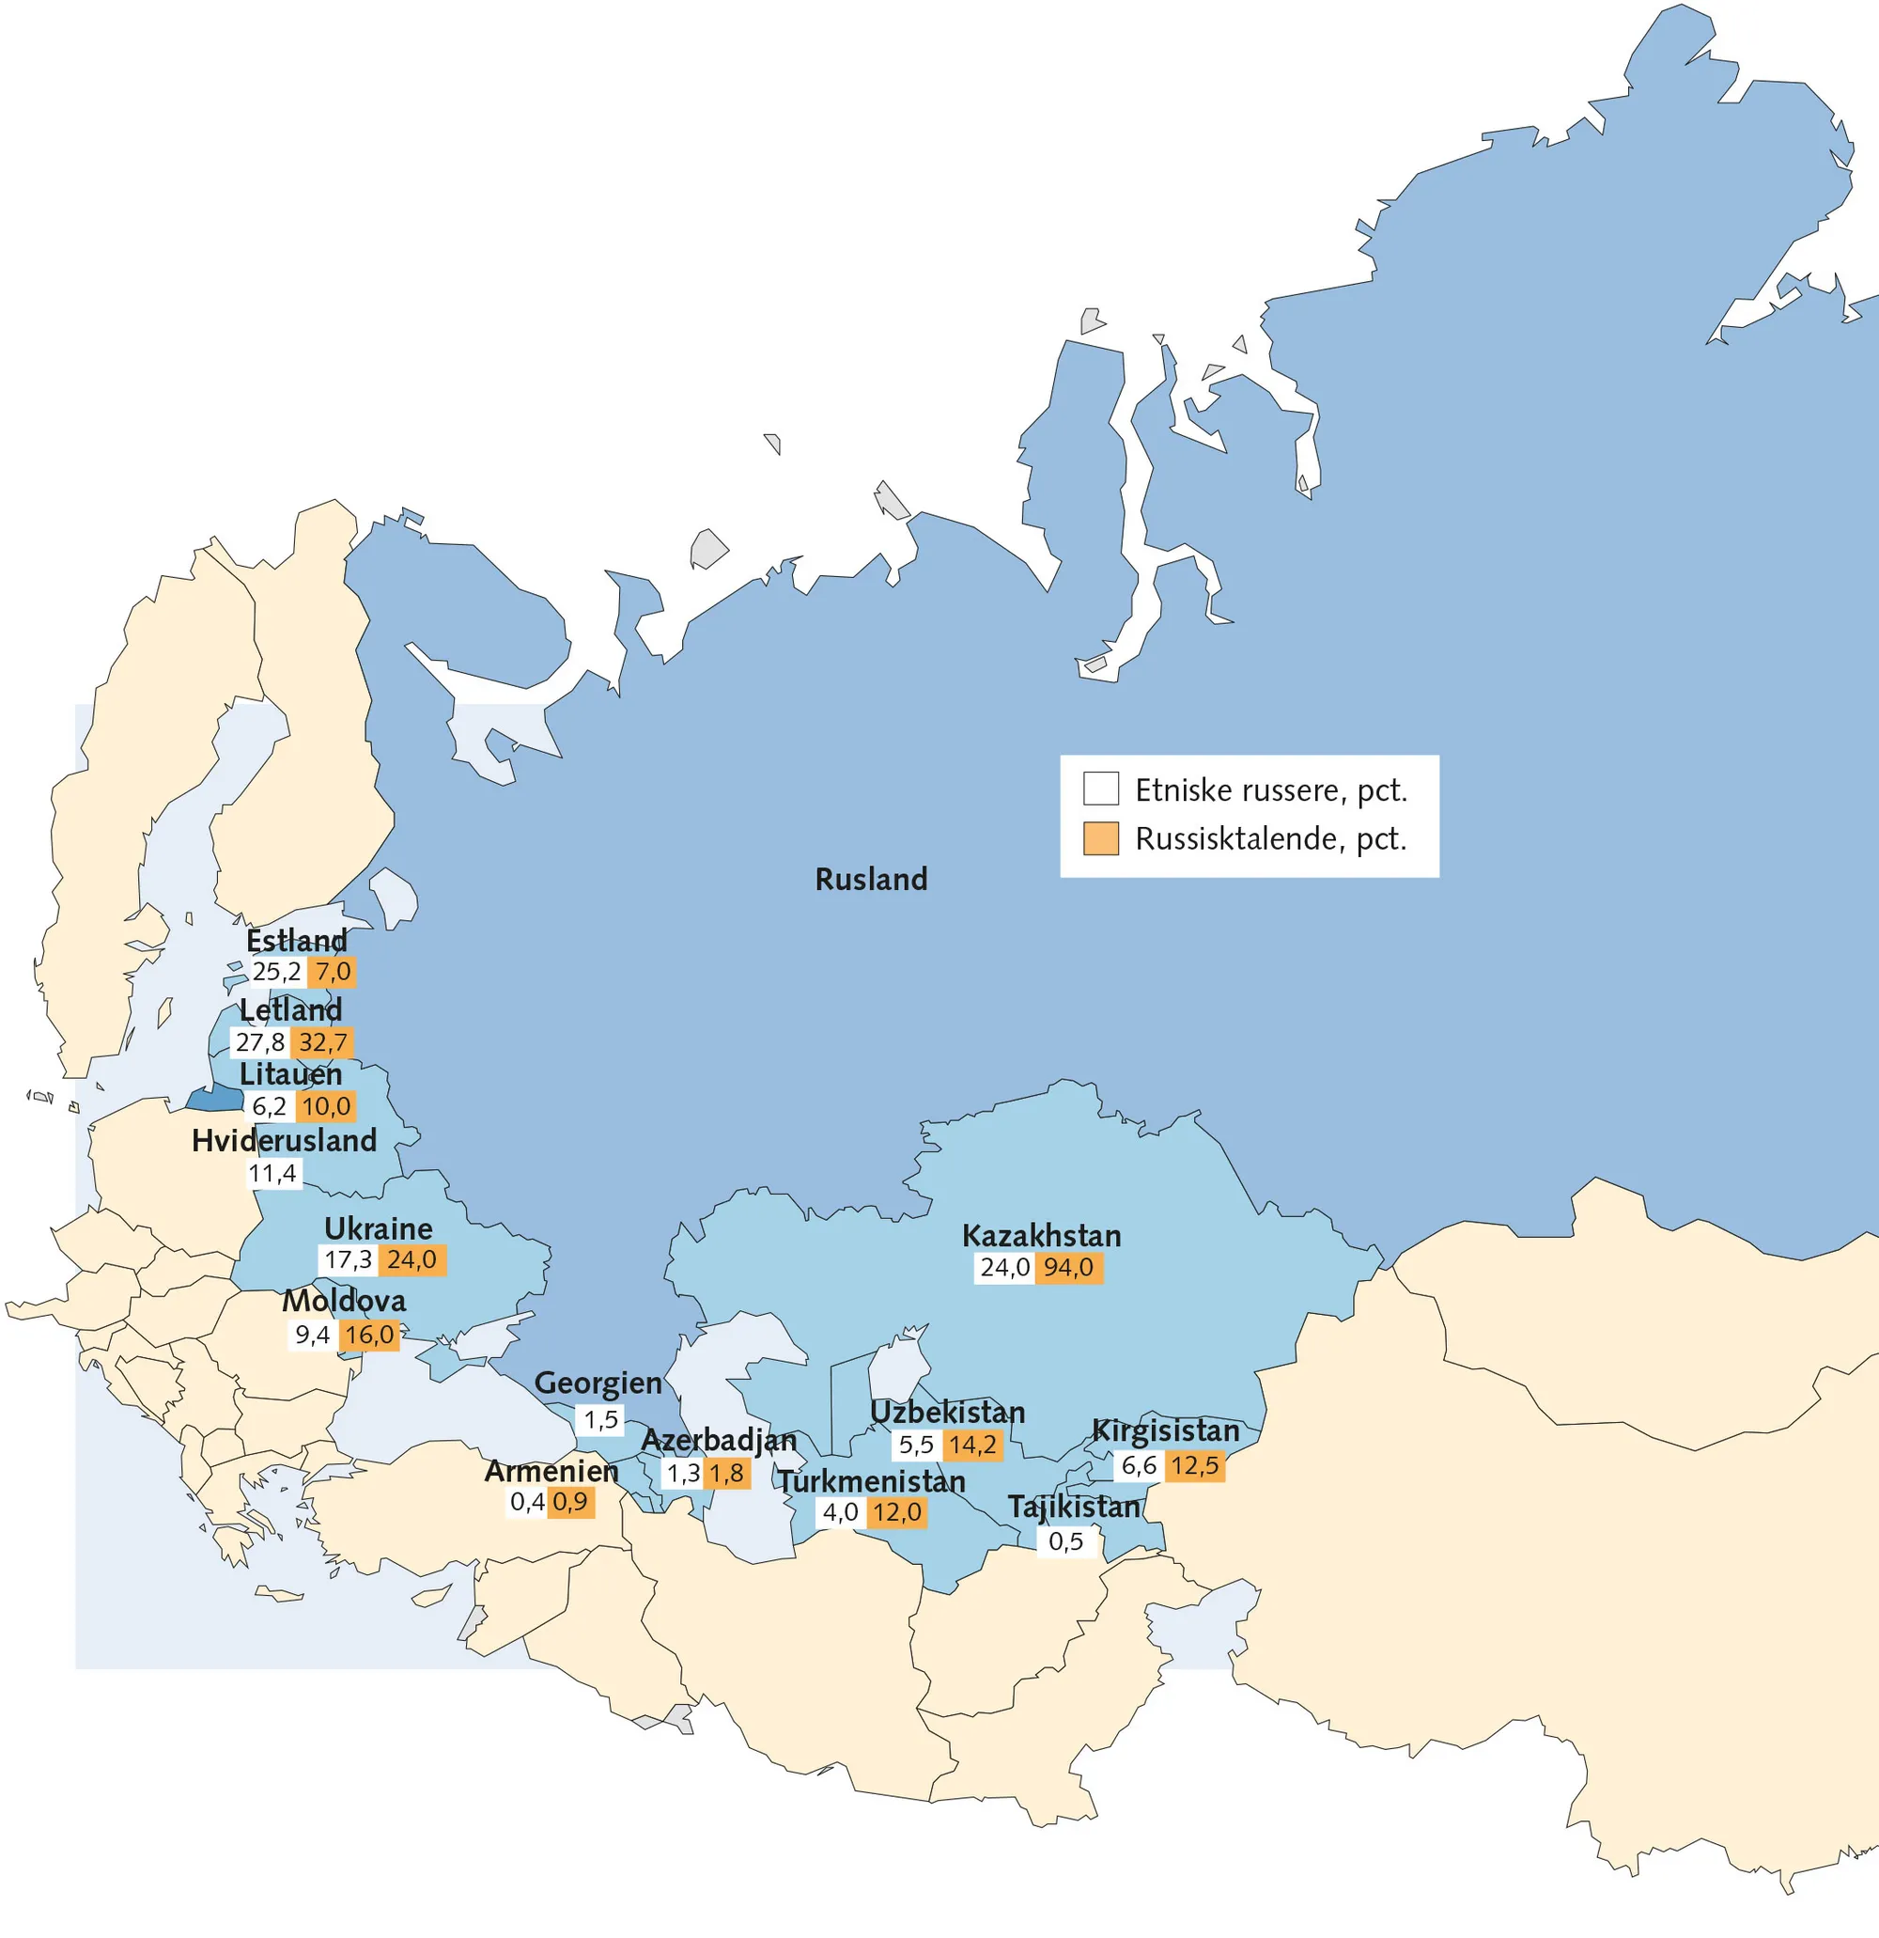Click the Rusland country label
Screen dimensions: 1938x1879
click(x=871, y=878)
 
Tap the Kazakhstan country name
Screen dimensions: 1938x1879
click(x=1041, y=1235)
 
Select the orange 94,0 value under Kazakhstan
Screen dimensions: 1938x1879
click(x=1067, y=1268)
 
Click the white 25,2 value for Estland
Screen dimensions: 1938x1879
click(x=276, y=971)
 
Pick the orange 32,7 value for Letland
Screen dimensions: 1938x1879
click(x=322, y=1042)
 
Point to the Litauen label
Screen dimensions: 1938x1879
click(x=290, y=1074)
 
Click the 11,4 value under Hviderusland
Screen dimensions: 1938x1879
click(x=272, y=1174)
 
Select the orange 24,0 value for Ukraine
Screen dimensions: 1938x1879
click(x=412, y=1259)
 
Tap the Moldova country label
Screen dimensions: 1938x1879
click(x=344, y=1300)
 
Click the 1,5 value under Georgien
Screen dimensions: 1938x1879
click(x=600, y=1420)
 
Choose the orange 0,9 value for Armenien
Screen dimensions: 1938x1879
click(x=570, y=1502)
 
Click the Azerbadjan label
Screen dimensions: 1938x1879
click(x=719, y=1440)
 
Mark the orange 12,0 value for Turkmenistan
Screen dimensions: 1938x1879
click(x=896, y=1512)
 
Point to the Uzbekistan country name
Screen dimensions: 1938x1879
click(x=947, y=1412)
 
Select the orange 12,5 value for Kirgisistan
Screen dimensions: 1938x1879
click(x=1195, y=1465)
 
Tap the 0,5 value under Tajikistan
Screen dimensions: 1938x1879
click(x=1065, y=1540)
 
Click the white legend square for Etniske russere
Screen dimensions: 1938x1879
click(x=1100, y=789)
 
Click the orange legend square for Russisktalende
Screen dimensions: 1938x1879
click(x=1100, y=837)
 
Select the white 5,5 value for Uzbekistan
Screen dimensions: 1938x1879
click(x=915, y=1445)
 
